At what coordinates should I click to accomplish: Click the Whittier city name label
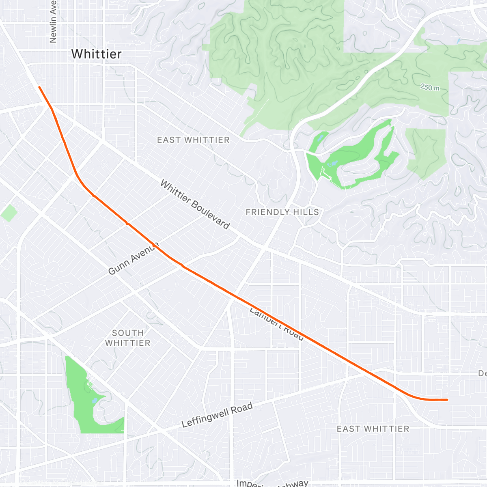pyautogui.click(x=96, y=54)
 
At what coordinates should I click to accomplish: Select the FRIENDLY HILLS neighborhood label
pyautogui.click(x=282, y=212)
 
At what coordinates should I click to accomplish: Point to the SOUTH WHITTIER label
pyautogui.click(x=128, y=338)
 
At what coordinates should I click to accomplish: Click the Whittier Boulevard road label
pyautogui.click(x=195, y=205)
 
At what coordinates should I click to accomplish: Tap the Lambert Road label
pyautogui.click(x=276, y=324)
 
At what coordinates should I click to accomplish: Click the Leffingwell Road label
pyautogui.click(x=217, y=415)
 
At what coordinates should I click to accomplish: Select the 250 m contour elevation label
pyautogui.click(x=429, y=87)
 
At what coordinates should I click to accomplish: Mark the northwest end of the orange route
pyautogui.click(x=39, y=87)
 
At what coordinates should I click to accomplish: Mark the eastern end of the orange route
pyautogui.click(x=447, y=400)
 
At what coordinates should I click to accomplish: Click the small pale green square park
pyautogui.click(x=9, y=213)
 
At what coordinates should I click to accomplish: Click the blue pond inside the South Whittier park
pyautogui.click(x=94, y=401)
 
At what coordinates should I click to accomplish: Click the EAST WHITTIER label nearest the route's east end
pyautogui.click(x=373, y=429)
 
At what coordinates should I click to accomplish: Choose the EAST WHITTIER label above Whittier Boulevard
pyautogui.click(x=193, y=140)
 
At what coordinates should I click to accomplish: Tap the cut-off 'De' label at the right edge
pyautogui.click(x=482, y=373)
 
